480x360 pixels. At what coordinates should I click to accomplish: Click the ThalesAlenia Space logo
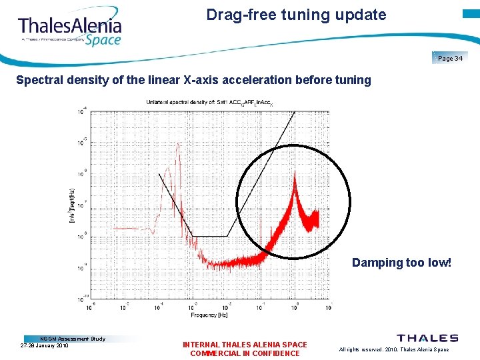click(x=70, y=29)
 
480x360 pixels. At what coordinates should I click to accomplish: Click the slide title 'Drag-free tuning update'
click(x=296, y=15)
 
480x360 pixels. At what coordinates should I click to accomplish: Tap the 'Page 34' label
click(x=450, y=59)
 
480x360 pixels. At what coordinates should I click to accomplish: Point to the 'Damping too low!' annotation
click(x=401, y=263)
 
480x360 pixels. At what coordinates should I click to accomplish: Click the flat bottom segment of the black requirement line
click(x=209, y=236)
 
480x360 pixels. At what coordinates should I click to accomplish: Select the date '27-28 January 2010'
click(x=45, y=345)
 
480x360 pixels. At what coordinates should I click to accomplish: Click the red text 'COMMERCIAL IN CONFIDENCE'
click(x=245, y=353)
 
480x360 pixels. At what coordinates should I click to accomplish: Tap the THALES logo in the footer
click(x=427, y=338)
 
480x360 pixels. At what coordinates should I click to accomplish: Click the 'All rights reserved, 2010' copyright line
click(x=394, y=349)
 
